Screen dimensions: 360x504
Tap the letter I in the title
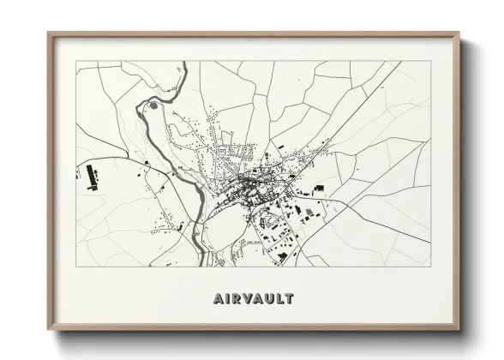225,298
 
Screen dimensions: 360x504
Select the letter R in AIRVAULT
234,298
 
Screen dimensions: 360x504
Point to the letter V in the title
246,298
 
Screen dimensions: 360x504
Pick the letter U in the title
269,298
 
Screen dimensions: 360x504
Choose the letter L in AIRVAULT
280,298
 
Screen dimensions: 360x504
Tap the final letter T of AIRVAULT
290,298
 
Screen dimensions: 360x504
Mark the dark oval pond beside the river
153,105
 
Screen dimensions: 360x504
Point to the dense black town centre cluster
251,182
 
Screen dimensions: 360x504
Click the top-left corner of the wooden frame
49,34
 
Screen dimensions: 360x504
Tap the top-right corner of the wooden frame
459,34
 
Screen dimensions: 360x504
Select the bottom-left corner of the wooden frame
49,329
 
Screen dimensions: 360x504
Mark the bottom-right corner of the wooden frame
459,329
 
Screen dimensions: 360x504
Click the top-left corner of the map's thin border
76,61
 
